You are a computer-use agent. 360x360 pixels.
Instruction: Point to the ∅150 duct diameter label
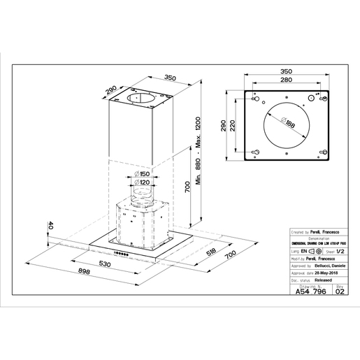tap(141, 175)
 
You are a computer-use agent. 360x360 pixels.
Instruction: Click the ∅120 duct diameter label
tap(141, 182)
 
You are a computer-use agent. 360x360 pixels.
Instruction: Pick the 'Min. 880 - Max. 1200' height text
tap(199, 150)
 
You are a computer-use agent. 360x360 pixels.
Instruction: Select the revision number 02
tap(340, 294)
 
